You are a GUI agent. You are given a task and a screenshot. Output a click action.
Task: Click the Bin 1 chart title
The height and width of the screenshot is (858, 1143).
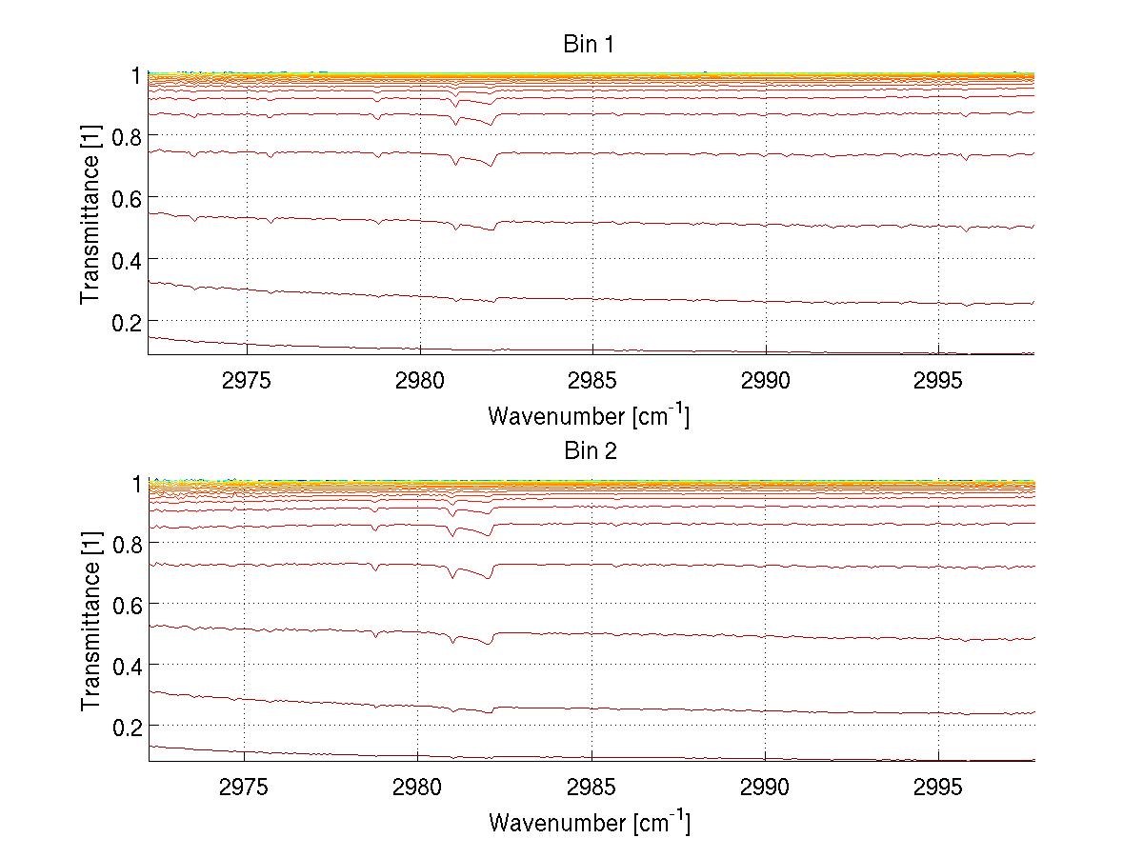(x=590, y=44)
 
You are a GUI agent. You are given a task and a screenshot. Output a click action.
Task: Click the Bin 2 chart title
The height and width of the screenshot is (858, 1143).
(x=590, y=451)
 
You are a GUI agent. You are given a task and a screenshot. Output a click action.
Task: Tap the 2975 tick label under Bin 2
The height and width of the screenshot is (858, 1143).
(x=246, y=786)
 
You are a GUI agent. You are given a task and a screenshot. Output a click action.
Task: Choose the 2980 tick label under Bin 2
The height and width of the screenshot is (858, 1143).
(x=419, y=786)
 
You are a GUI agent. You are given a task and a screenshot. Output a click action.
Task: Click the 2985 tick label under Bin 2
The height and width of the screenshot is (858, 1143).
(x=592, y=786)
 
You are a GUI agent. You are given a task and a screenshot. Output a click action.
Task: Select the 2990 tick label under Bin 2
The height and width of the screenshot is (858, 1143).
(x=766, y=786)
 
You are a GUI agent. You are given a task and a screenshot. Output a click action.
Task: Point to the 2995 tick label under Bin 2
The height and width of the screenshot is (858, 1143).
(x=939, y=786)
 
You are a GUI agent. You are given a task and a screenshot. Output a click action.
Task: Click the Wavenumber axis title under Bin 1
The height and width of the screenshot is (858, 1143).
(x=589, y=415)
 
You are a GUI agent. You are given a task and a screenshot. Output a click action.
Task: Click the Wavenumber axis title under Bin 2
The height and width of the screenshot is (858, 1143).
(x=589, y=823)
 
